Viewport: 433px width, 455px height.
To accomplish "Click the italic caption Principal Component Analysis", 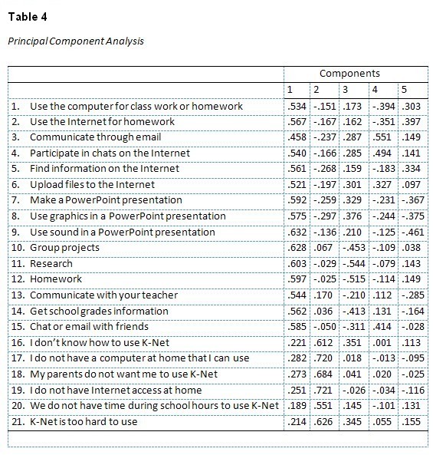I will tap(76, 41).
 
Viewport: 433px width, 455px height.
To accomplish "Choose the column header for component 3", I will tap(345, 90).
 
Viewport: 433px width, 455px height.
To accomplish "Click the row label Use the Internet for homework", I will tap(102, 121).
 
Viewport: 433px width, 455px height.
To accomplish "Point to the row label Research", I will tap(52, 263).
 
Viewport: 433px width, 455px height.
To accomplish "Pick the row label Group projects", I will tap(64, 247).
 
